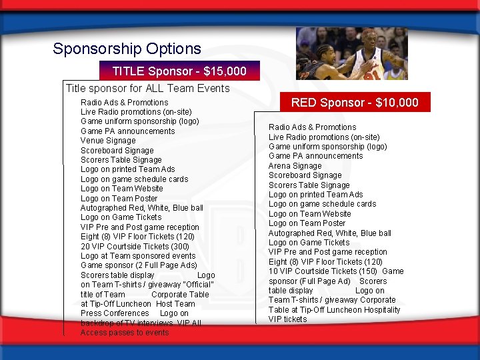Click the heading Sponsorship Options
pos(127,49)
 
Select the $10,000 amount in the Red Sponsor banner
pos(397,103)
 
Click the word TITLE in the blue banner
pos(129,71)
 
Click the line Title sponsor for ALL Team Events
pos(147,88)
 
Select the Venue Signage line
pos(108,141)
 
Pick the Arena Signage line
pos(295,166)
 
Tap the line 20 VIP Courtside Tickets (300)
pos(135,246)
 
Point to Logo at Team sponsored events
pos(138,256)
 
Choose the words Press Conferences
pos(115,313)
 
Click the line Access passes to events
pos(125,333)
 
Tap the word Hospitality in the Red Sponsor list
pos(379,310)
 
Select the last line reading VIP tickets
pos(288,319)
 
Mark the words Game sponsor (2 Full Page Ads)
pos(139,265)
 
